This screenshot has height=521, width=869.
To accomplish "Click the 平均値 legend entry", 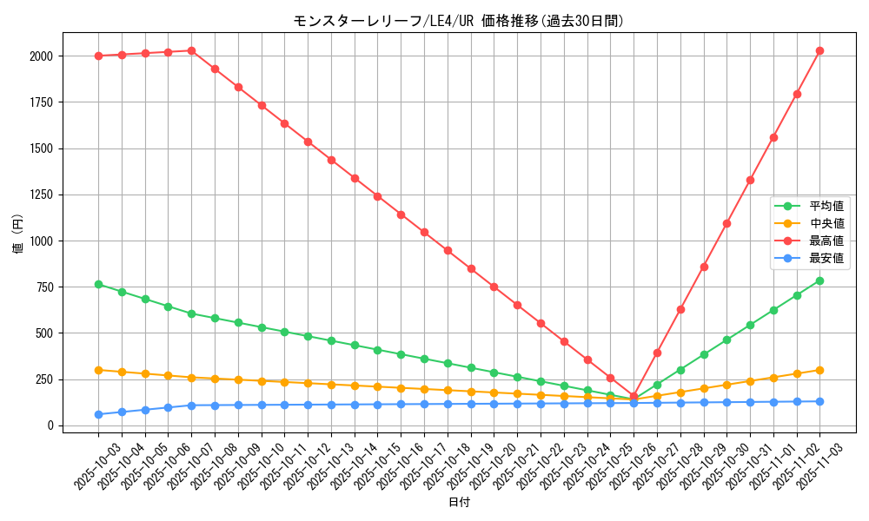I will pyautogui.click(x=826, y=206).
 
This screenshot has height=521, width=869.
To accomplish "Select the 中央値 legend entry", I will pyautogui.click(x=826, y=223).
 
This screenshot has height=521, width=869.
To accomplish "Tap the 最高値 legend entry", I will pyautogui.click(x=826, y=241).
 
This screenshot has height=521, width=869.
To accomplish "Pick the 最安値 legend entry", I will pyautogui.click(x=826, y=258).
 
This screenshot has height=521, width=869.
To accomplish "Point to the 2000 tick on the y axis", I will pyautogui.click(x=42, y=56).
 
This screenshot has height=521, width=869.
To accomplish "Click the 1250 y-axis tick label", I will pyautogui.click(x=42, y=195).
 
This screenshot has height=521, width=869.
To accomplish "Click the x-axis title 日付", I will pyautogui.click(x=459, y=503).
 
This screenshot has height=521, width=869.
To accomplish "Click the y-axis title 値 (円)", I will pyautogui.click(x=18, y=234).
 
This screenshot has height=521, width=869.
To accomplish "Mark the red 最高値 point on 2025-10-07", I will pyautogui.click(x=191, y=50).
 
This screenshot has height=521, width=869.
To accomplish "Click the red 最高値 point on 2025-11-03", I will pyautogui.click(x=819, y=50).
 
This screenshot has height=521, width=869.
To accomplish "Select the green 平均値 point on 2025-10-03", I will pyautogui.click(x=98, y=284).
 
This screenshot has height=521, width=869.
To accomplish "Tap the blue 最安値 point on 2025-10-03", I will pyautogui.click(x=98, y=414).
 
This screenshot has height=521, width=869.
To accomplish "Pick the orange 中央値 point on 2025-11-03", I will pyautogui.click(x=819, y=370).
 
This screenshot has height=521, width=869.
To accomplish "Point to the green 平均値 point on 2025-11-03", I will pyautogui.click(x=819, y=280).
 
